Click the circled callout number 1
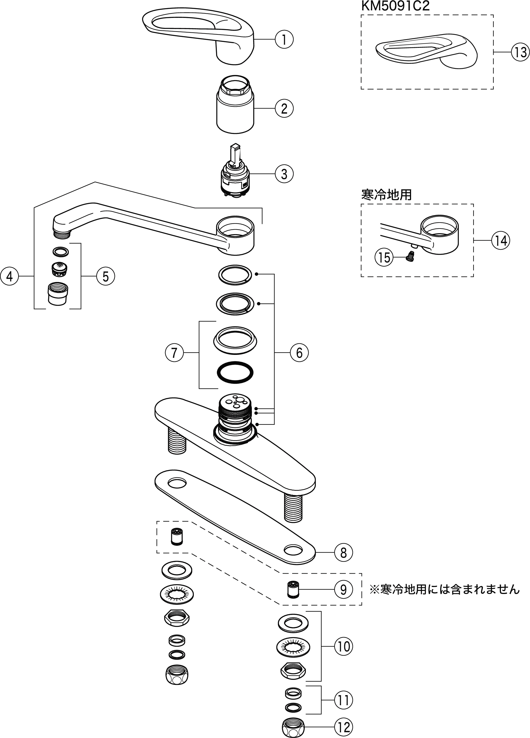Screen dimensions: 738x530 284,40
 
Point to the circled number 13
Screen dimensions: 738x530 520,52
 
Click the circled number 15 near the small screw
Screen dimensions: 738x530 384,258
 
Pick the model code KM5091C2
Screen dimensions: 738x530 395,6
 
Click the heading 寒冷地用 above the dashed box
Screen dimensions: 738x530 386,195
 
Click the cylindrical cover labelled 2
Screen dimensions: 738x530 235,107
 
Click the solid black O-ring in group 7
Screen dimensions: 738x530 235,372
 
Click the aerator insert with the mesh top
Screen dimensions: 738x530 60,268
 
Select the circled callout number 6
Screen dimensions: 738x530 299,352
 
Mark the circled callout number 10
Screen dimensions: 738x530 343,646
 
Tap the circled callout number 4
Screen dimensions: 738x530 10,276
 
